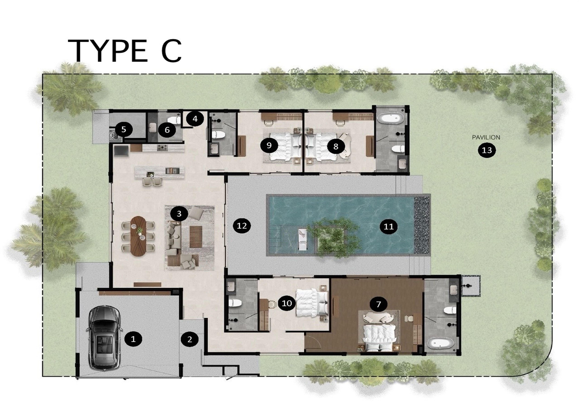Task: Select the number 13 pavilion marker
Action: point(487,150)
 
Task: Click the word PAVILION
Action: point(486,137)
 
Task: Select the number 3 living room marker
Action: point(179,214)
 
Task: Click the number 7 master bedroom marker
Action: point(379,304)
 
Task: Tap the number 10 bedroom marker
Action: point(287,303)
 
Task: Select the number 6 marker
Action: point(167,130)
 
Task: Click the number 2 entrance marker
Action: point(190,339)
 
